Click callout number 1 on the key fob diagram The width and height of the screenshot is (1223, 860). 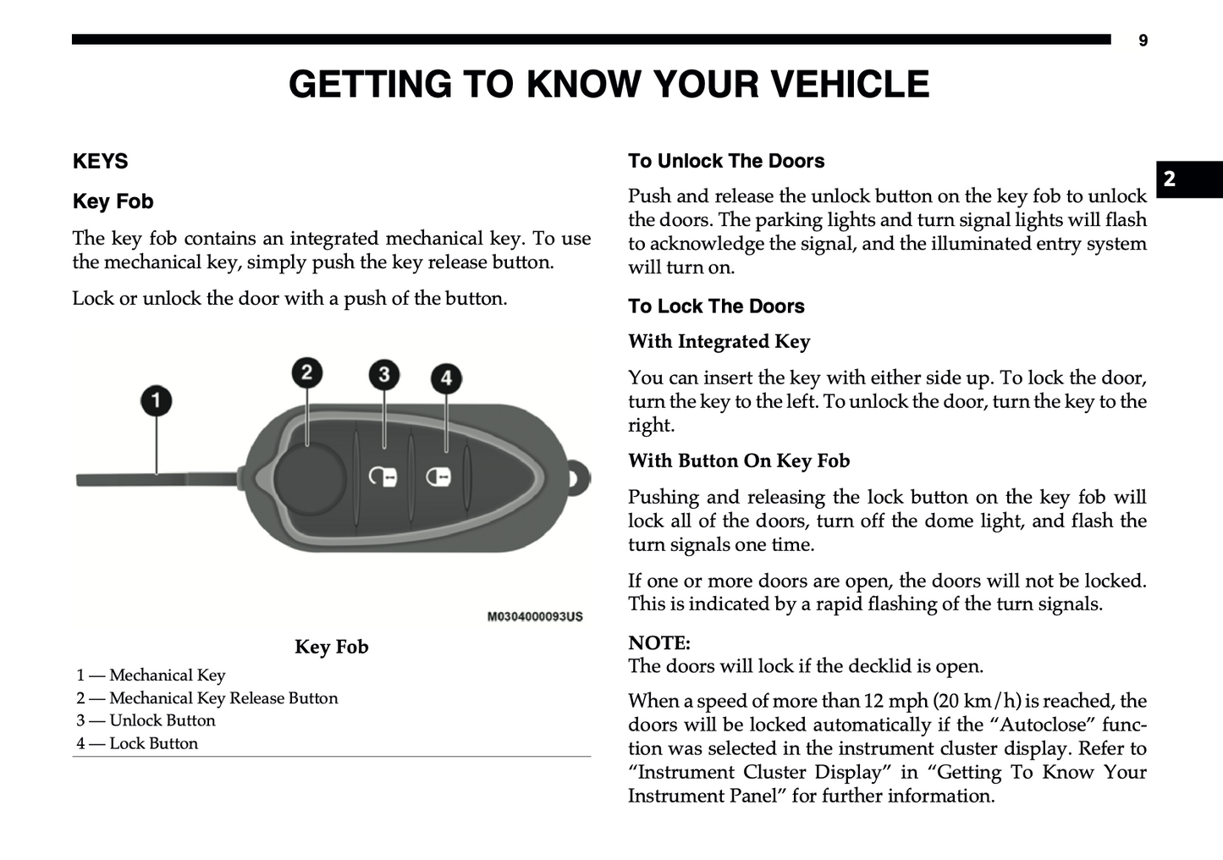[x=156, y=400]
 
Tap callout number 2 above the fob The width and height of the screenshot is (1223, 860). [x=306, y=372]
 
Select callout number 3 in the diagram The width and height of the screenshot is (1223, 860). [x=384, y=374]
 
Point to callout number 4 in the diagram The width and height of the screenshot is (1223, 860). [x=446, y=378]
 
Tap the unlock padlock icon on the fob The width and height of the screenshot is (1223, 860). [x=383, y=477]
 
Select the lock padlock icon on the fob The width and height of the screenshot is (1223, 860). [x=438, y=477]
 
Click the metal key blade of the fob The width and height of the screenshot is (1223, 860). [x=152, y=480]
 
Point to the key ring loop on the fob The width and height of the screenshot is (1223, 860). [x=578, y=477]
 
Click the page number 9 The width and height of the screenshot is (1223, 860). [x=1143, y=41]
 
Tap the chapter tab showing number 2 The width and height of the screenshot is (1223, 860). [x=1170, y=179]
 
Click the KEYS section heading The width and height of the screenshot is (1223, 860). [x=101, y=162]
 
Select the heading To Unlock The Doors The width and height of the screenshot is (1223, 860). [x=726, y=161]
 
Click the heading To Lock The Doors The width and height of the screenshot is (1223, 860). [x=716, y=306]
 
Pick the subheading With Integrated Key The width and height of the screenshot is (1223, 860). [x=719, y=341]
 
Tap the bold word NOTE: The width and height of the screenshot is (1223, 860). [x=659, y=642]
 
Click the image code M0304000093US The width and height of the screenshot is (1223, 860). [x=535, y=616]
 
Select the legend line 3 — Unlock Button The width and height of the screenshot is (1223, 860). [x=146, y=720]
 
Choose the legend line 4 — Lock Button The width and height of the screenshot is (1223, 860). [x=137, y=743]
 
